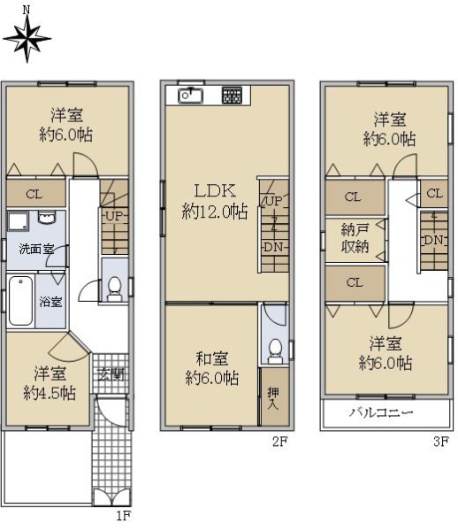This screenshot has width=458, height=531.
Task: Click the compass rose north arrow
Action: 27,38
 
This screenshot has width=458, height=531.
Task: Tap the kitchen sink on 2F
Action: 190,96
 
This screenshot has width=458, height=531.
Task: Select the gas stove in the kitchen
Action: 232,96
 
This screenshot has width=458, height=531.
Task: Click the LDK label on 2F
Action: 215,191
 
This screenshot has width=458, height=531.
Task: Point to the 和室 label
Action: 212,359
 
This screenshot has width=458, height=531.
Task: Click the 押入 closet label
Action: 273,398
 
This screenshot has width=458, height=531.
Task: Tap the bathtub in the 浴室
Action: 20,301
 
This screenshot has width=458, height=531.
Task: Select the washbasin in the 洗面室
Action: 47,218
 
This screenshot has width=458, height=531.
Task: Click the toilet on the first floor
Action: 114,289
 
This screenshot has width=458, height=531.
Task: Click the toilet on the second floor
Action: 275,351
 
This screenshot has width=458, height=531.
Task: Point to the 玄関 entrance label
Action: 111,375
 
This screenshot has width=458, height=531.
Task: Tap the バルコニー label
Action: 381,412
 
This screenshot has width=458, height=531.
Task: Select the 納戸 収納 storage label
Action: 355,238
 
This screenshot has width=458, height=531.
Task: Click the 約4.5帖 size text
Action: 50,394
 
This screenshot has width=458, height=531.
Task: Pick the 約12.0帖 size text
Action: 215,212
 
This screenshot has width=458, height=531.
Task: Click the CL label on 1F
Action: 34,194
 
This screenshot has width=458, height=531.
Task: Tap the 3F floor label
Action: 440,442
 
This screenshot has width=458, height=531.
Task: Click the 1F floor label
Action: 124,515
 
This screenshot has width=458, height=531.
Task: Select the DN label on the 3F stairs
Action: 433,240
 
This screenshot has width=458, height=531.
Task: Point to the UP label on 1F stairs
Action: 114,216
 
